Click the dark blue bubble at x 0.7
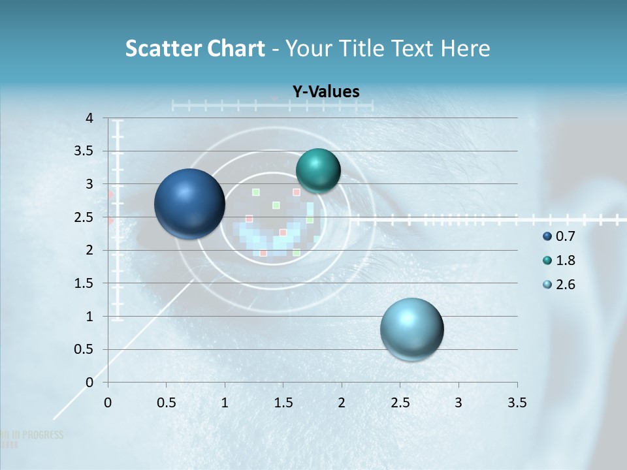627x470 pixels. point(189,204)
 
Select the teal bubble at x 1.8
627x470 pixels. point(318,170)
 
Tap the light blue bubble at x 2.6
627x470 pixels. point(411,329)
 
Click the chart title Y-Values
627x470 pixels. point(325,92)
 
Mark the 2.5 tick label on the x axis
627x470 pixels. point(400,403)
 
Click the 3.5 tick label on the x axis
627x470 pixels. point(517,403)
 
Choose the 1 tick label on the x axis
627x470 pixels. point(225,403)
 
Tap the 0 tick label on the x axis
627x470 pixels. point(108,403)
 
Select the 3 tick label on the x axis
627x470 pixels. point(458,403)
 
